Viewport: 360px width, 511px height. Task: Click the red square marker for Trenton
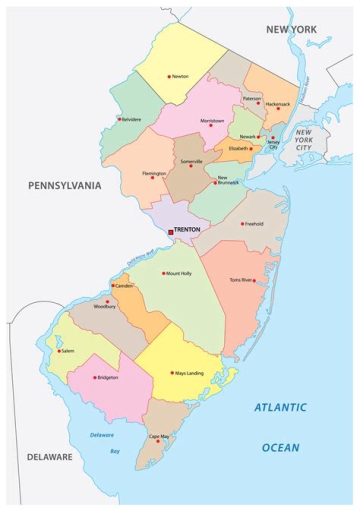pos(170,232)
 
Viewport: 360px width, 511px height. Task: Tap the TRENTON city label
pos(187,229)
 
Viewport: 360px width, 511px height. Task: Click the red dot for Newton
pos(169,76)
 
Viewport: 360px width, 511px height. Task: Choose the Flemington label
pos(154,173)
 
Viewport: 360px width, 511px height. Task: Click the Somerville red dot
pos(190,166)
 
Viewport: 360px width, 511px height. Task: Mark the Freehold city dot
pos(242,224)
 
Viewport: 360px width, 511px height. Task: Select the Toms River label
pos(241,280)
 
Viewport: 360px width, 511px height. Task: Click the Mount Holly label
pos(179,273)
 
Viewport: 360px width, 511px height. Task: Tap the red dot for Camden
pos(113,285)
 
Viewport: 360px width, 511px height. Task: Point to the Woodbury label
pos(104,306)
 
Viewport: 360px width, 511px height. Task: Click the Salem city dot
pos(59,351)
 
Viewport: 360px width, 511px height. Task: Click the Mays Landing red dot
pos(172,372)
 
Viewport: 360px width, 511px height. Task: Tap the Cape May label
pos(159,436)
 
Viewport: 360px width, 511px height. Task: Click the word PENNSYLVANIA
pos(64,185)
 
